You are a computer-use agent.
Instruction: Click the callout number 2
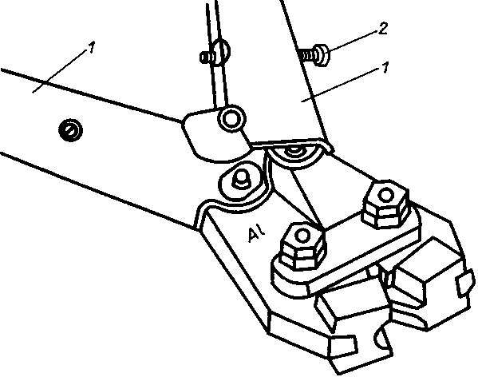(383, 29)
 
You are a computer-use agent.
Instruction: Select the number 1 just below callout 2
(386, 67)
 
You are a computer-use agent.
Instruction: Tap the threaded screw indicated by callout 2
(315, 55)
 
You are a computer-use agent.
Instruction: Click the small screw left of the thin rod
(207, 57)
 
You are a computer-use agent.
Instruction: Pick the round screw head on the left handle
(70, 130)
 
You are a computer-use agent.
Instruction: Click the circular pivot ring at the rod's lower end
(231, 119)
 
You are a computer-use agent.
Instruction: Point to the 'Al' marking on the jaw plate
(256, 235)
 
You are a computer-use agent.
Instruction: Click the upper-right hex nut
(385, 204)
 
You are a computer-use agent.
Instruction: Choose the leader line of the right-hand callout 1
(342, 85)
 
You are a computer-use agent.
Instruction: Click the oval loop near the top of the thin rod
(221, 52)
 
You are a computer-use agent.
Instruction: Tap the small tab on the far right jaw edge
(465, 283)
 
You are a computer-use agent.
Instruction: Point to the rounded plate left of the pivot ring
(213, 136)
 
